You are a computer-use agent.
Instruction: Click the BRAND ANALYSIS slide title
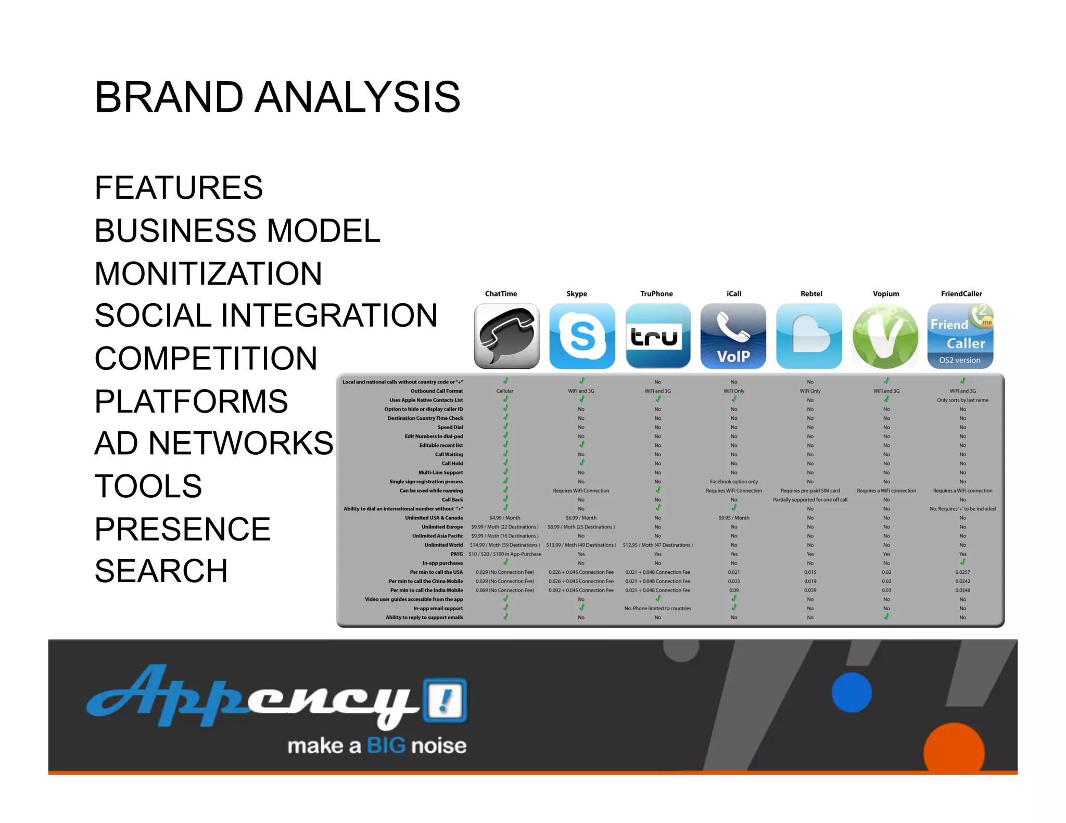click(277, 97)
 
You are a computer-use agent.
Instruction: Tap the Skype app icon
click(582, 336)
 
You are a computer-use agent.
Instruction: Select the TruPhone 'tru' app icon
click(658, 336)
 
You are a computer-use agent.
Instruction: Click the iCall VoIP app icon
click(733, 336)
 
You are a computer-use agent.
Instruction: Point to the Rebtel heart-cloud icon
click(809, 336)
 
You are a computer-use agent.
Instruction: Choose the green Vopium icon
click(885, 336)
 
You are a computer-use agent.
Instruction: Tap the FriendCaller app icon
click(960, 336)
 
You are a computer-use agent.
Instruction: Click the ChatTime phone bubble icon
click(506, 336)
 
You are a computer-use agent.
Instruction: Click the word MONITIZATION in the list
click(208, 274)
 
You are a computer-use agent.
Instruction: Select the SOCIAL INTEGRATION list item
click(266, 316)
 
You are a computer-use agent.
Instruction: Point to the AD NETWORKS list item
click(214, 443)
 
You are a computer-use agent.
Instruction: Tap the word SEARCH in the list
click(161, 571)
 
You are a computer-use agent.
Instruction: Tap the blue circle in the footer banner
click(852, 692)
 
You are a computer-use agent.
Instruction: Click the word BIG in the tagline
click(386, 746)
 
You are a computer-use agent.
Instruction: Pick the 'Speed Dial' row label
click(450, 427)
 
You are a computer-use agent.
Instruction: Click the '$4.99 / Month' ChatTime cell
click(505, 518)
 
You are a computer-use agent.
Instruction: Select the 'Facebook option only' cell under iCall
click(734, 482)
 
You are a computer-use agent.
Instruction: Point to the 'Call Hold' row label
click(452, 464)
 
